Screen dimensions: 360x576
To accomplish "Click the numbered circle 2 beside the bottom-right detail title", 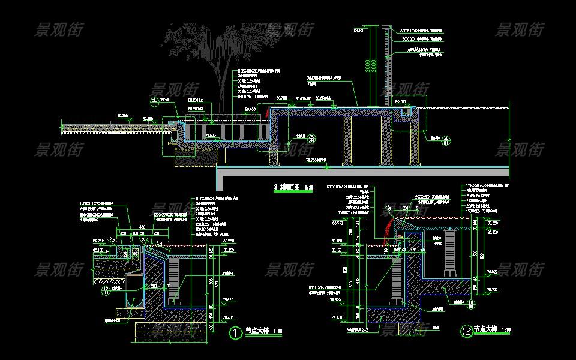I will coord(466,331).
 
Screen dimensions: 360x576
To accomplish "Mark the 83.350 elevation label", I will coord(359,29).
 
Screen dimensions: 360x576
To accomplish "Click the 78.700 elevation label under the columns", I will coord(316,161).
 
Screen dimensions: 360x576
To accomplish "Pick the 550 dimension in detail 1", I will coord(142,226).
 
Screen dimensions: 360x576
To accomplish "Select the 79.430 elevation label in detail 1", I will coord(228,317).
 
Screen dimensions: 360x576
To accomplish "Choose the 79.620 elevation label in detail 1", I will coord(228,299).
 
